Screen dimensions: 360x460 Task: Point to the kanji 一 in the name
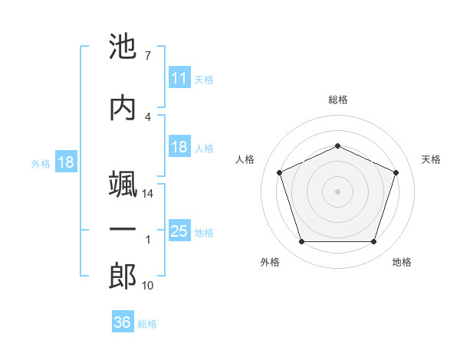coord(123,230)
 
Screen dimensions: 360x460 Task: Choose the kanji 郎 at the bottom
coord(123,276)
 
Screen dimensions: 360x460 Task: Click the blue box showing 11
coord(179,78)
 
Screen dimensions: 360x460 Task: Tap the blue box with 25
coord(179,231)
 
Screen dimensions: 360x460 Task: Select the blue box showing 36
coord(122,322)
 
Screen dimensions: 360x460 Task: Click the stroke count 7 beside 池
coord(146,56)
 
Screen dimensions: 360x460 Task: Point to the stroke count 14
coord(148,194)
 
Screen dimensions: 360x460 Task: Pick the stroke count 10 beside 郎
coord(148,286)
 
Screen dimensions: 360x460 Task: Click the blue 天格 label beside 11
coord(204,79)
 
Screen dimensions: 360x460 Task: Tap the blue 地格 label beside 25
coord(204,232)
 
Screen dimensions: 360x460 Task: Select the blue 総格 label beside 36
coord(147,323)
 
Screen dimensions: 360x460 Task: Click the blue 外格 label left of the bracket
coord(41,163)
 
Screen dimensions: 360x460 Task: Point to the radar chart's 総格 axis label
coord(337,100)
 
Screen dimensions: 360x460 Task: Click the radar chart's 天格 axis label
coord(431,159)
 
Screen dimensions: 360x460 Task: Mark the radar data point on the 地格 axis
coord(373,242)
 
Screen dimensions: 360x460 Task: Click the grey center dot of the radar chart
coord(337,191)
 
